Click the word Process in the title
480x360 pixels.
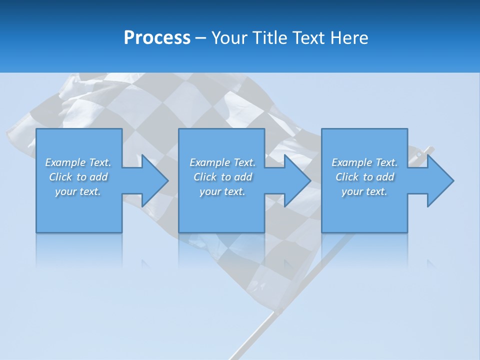click(157, 38)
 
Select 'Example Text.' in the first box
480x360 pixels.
click(78, 162)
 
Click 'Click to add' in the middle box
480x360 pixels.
click(222, 177)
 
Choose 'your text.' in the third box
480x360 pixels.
click(364, 191)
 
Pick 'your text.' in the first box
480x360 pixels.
click(78, 191)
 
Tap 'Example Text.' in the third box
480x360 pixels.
click(364, 162)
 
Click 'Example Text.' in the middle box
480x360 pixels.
click(222, 162)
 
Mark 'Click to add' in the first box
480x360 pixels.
click(78, 177)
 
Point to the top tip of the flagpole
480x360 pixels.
click(430, 149)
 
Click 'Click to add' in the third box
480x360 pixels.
click(364, 177)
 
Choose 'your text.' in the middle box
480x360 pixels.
click(222, 191)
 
